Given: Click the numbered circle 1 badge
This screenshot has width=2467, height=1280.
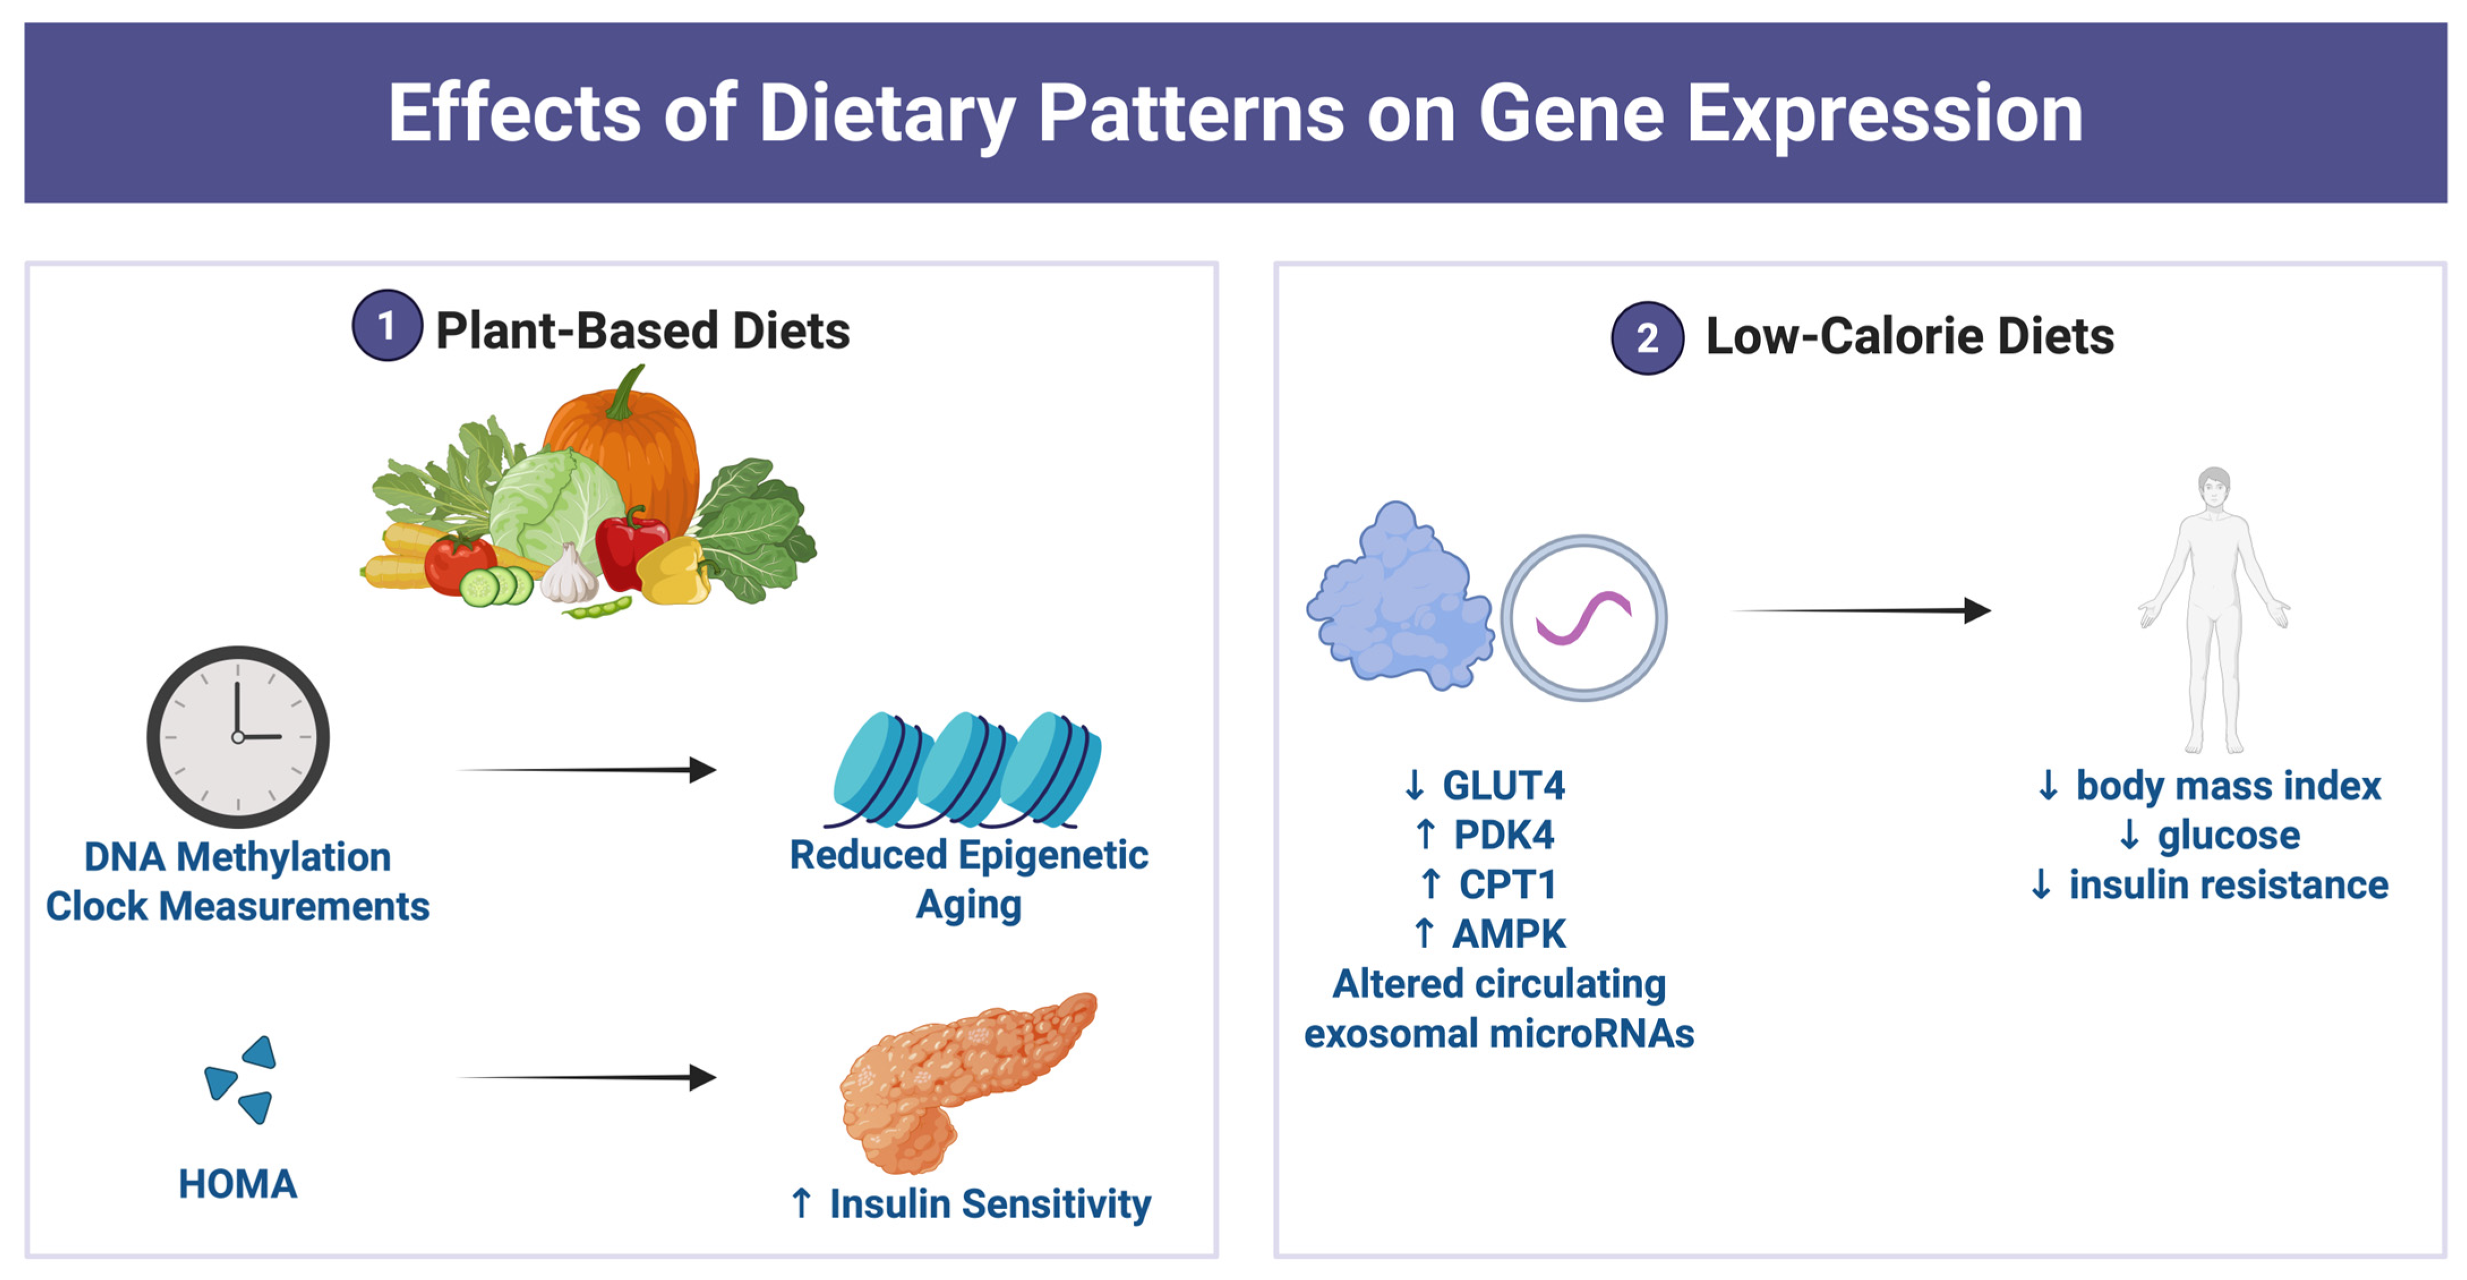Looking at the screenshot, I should click(387, 326).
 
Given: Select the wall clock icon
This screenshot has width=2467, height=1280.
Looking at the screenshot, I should click(238, 736).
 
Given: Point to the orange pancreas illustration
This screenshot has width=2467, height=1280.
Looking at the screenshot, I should click(958, 1078).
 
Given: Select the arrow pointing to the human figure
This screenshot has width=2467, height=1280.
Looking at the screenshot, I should click(1862, 611).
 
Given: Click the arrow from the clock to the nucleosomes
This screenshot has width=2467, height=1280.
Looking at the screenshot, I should click(588, 769).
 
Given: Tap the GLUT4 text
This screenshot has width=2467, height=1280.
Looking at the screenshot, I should click(1504, 786).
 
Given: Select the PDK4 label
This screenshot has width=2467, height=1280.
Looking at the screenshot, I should click(1504, 834).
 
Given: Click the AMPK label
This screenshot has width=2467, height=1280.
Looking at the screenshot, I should click(1509, 933).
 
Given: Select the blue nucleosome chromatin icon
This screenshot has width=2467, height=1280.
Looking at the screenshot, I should click(967, 769).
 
